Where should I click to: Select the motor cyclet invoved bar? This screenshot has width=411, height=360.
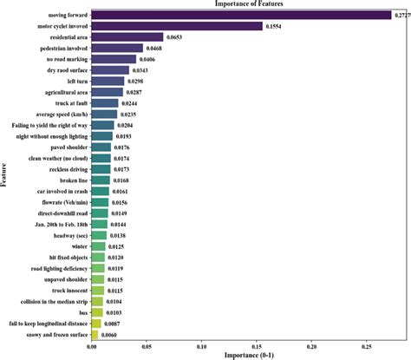(x=177, y=26)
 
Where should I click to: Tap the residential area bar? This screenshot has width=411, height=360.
(x=127, y=37)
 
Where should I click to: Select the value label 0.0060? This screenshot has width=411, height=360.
(x=110, y=333)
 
